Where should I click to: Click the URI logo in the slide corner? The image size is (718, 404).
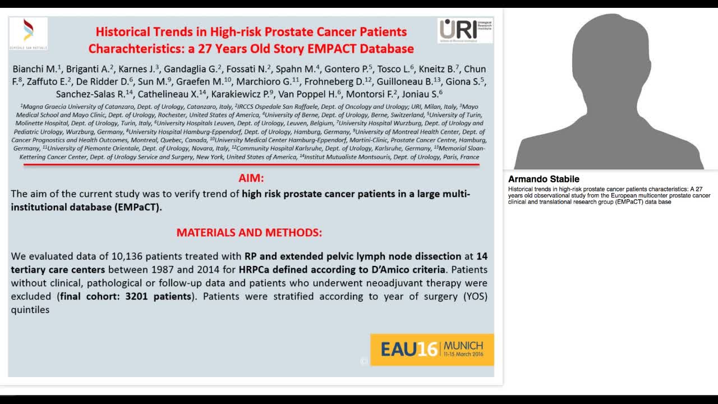(464, 30)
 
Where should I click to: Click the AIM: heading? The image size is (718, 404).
(251, 178)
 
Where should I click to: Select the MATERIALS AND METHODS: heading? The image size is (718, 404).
(249, 232)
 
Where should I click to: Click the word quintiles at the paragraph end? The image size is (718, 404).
(30, 309)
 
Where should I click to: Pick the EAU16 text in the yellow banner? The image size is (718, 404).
(409, 349)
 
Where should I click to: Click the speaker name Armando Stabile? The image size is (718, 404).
(544, 179)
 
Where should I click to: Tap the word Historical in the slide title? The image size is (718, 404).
(124, 31)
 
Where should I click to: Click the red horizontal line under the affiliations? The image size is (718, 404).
(251, 164)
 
